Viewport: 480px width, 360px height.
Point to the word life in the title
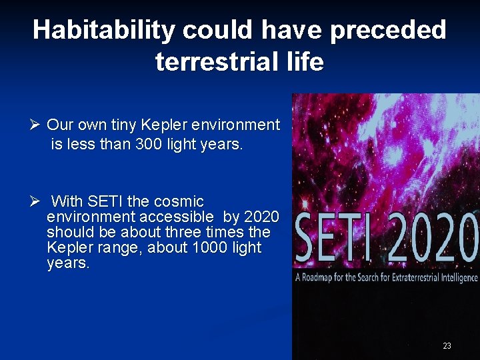(x=304, y=62)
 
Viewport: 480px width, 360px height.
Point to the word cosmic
(x=179, y=201)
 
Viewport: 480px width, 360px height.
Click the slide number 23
(x=447, y=345)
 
